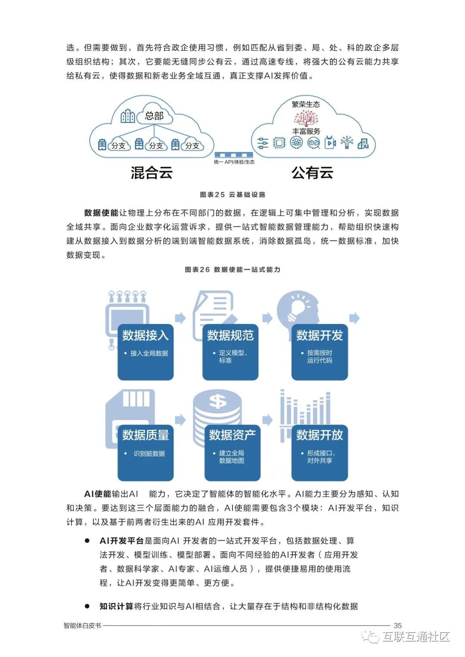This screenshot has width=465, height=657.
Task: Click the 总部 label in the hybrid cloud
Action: coord(154,115)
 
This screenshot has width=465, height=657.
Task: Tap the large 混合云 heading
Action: coord(152,173)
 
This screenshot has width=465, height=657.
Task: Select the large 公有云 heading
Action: coord(312,173)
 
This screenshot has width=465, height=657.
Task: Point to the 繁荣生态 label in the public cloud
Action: coord(306,104)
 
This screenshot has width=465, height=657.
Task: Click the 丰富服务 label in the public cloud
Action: coord(306,131)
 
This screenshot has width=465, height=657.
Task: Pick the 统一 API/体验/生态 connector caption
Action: coord(234,162)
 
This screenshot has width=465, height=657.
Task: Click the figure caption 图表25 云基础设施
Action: coord(232,194)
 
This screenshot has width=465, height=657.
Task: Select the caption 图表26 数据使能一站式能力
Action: coord(232,269)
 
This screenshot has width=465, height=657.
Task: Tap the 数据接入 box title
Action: coord(146,335)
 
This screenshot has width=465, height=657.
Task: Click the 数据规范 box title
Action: coord(230,335)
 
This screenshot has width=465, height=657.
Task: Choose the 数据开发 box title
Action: coord(319,335)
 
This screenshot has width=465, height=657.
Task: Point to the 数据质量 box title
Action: coord(146,435)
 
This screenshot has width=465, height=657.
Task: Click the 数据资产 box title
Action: coord(232,435)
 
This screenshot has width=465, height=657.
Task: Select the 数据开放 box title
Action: coord(319,435)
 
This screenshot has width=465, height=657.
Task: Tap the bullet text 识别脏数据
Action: coord(149,453)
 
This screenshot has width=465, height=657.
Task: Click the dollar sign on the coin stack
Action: coord(217,401)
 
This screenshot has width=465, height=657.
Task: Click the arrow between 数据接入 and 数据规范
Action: coord(181,318)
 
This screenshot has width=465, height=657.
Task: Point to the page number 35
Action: coord(397,625)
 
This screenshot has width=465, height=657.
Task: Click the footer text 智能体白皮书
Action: coord(82,625)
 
